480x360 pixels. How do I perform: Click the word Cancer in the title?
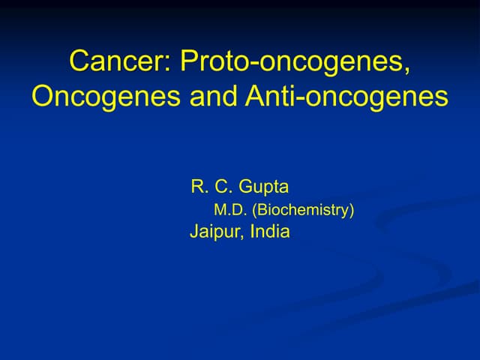120,61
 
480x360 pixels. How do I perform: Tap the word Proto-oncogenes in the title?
295,61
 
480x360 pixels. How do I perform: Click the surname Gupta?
263,187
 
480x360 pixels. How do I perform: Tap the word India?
270,232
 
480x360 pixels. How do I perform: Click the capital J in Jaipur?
194,232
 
